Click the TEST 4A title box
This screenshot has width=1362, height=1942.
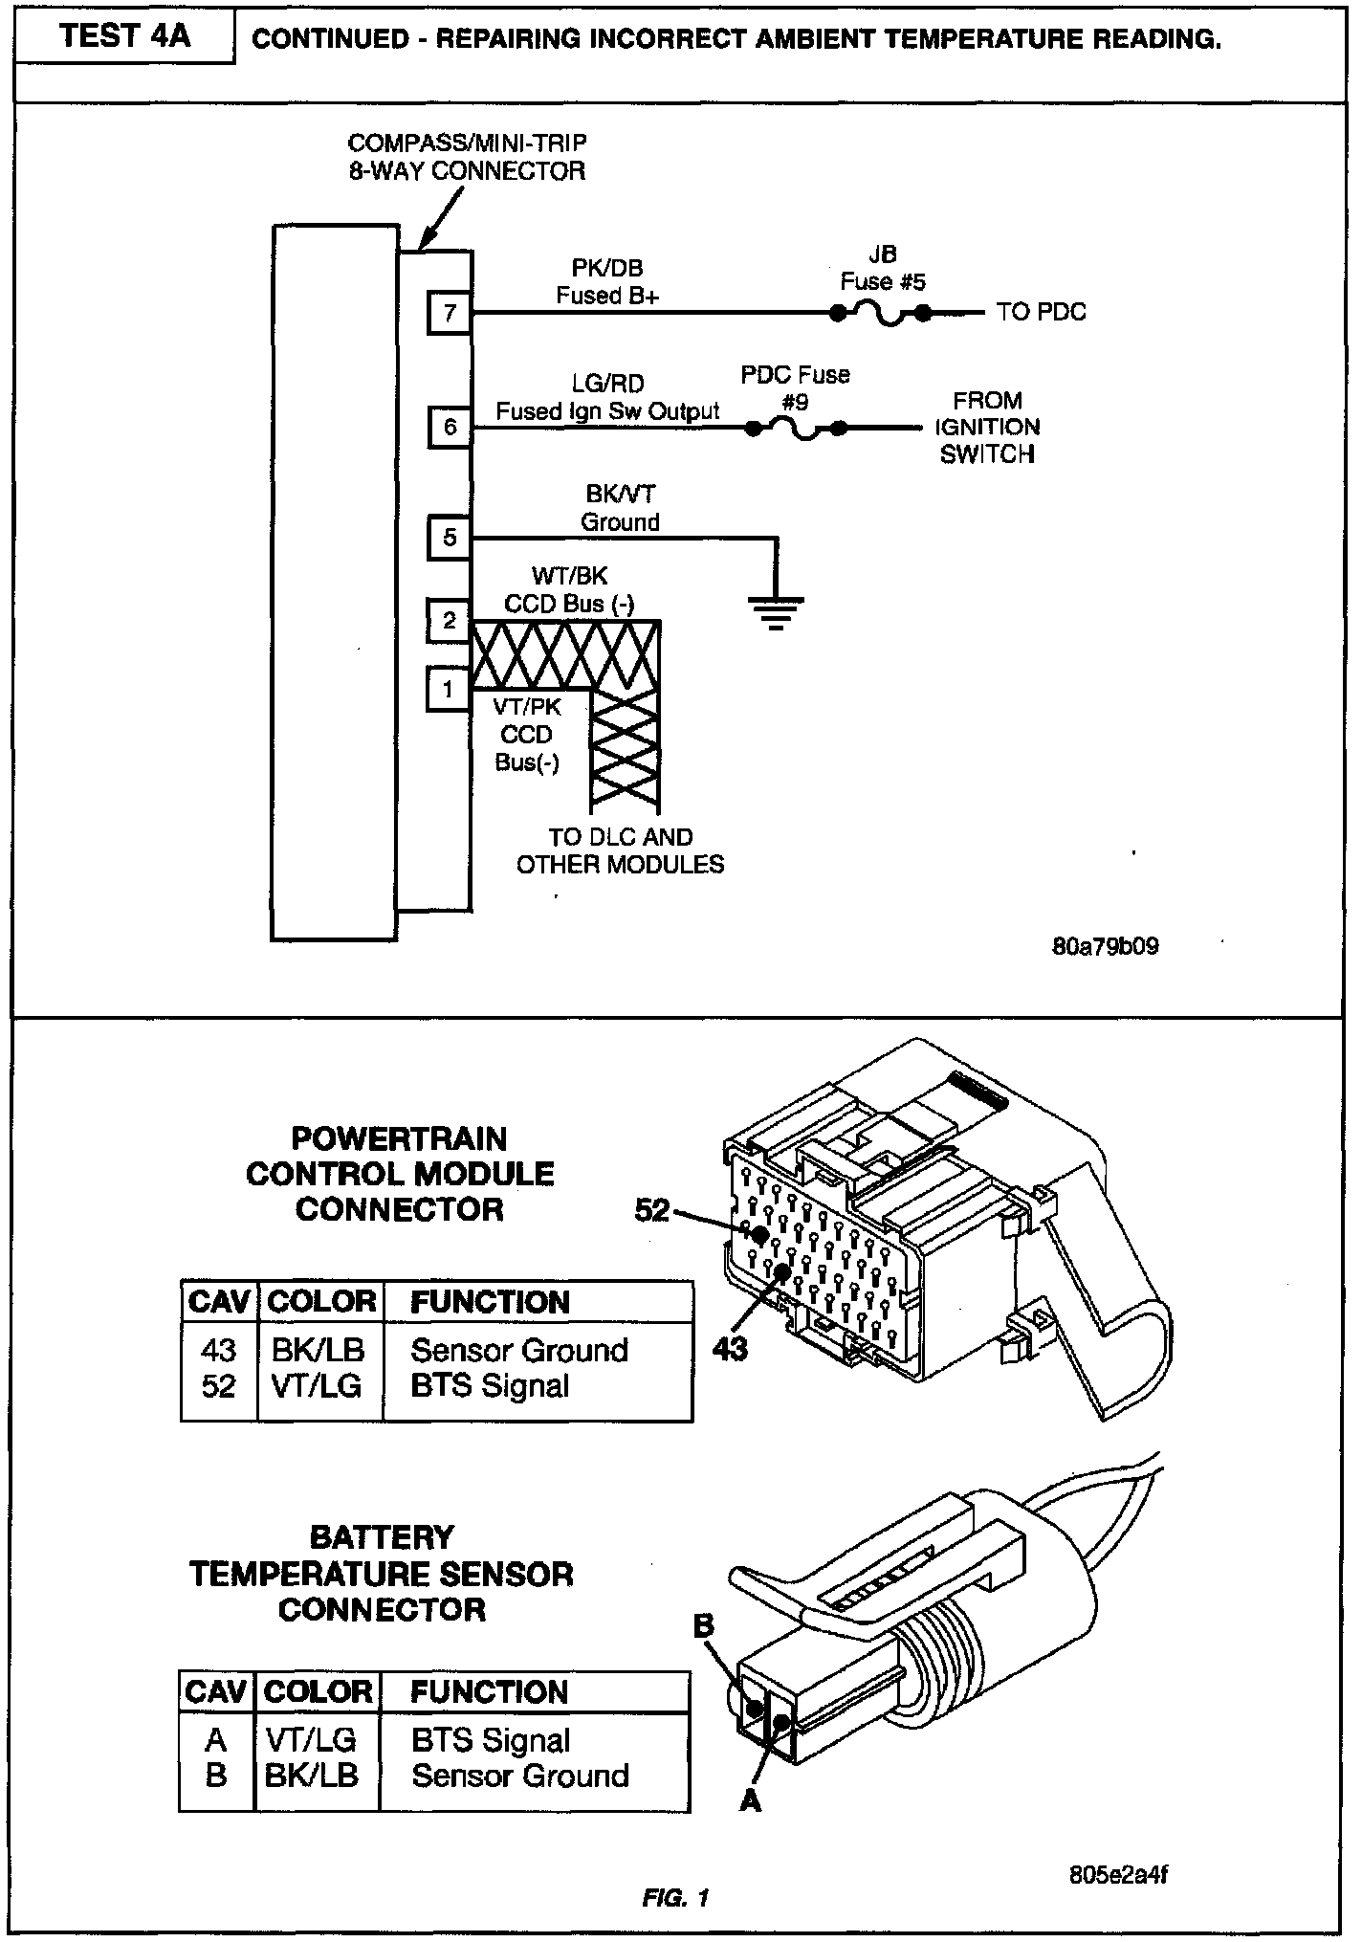click(x=124, y=36)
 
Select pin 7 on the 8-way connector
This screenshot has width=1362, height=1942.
click(x=450, y=313)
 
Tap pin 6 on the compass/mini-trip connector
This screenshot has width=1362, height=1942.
click(x=450, y=427)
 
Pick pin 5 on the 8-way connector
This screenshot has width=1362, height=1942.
click(x=450, y=538)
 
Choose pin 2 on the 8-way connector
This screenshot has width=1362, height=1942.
click(x=450, y=622)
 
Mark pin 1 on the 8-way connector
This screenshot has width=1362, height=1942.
click(x=448, y=689)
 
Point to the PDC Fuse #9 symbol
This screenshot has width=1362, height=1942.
click(x=796, y=430)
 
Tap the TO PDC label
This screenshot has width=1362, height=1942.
click(x=1041, y=312)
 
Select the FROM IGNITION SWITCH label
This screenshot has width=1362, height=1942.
click(x=987, y=427)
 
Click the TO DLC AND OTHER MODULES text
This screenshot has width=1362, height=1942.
click(x=620, y=850)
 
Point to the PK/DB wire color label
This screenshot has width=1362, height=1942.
click(x=607, y=269)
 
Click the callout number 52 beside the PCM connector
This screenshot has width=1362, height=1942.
click(x=652, y=1211)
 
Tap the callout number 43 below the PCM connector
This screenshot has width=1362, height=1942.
click(x=729, y=1350)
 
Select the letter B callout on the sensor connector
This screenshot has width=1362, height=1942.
click(x=704, y=1625)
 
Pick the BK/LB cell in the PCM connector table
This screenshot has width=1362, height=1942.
click(x=319, y=1350)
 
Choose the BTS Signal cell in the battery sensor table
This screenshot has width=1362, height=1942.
click(x=491, y=1740)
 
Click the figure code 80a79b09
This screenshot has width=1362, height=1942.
click(x=1105, y=946)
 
